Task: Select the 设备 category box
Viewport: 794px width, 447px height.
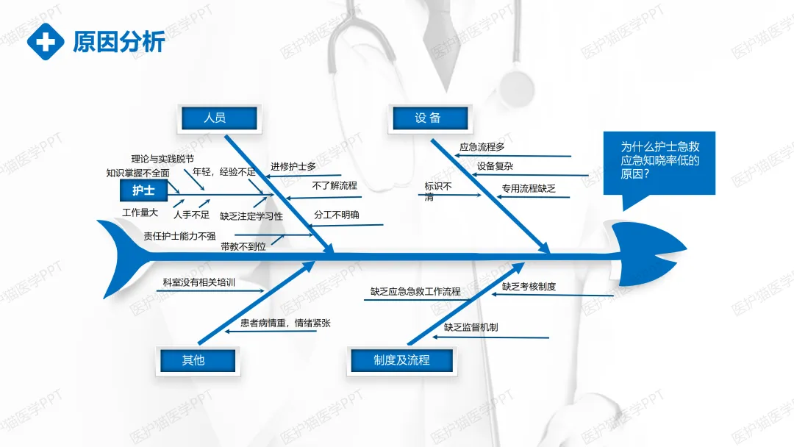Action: [x=428, y=118]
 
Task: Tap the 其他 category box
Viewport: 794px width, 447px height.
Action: [x=194, y=360]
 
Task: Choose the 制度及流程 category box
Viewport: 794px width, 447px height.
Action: [x=401, y=360]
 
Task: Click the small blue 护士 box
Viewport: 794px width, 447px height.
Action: [x=143, y=191]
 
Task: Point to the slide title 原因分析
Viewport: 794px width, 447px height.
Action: [x=119, y=42]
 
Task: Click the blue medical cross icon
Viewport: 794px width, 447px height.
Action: [x=46, y=41]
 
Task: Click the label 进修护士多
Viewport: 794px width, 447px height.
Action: [x=293, y=167]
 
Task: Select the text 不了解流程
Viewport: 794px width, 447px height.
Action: [x=335, y=186]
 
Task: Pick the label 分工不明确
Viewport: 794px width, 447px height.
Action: [x=337, y=215]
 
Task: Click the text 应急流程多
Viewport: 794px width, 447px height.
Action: [x=482, y=147]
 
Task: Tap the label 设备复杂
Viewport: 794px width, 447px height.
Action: [x=496, y=166]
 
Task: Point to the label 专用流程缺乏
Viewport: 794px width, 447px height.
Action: [x=529, y=189]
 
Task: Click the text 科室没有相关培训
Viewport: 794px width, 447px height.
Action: [x=199, y=282]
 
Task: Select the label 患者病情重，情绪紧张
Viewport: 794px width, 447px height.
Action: [x=285, y=323]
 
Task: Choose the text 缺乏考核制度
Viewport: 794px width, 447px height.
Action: [x=529, y=287]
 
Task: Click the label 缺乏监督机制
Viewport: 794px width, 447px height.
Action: [x=471, y=327]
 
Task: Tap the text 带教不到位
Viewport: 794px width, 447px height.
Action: [x=243, y=247]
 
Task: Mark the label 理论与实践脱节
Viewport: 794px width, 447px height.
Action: [x=162, y=159]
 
